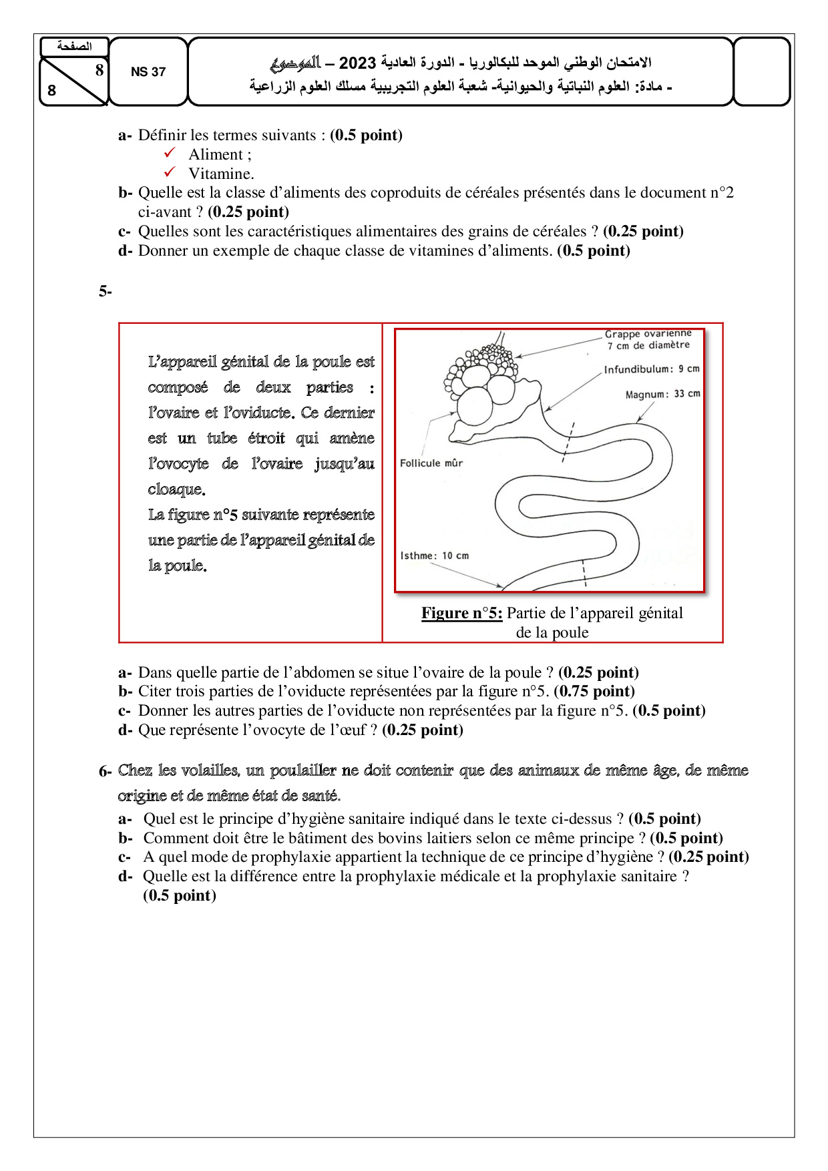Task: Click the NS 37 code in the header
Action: [x=148, y=72]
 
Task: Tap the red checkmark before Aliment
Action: [x=170, y=154]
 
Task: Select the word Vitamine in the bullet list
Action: [x=220, y=174]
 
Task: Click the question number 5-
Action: [x=106, y=291]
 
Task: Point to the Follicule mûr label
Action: [x=431, y=463]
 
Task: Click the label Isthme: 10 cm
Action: [x=434, y=555]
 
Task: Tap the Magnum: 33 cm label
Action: [x=662, y=394]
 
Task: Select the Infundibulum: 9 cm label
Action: [x=651, y=369]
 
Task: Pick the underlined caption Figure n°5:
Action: [x=461, y=613]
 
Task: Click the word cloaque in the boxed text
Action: [x=176, y=489]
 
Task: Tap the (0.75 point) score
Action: [x=594, y=691]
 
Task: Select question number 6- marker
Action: [x=106, y=772]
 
